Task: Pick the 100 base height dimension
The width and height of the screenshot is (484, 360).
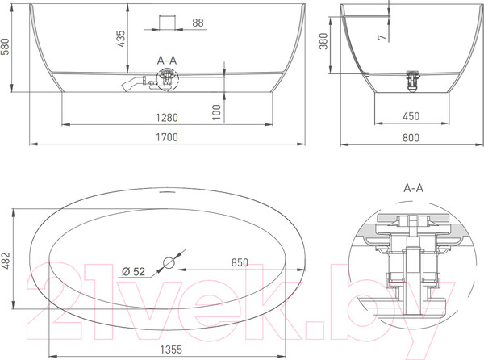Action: [x=216, y=111]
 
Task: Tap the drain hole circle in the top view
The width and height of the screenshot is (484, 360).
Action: [x=168, y=262]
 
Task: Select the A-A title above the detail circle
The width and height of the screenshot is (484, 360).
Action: [x=413, y=186]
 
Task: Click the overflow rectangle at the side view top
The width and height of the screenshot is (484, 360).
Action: [x=168, y=21]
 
